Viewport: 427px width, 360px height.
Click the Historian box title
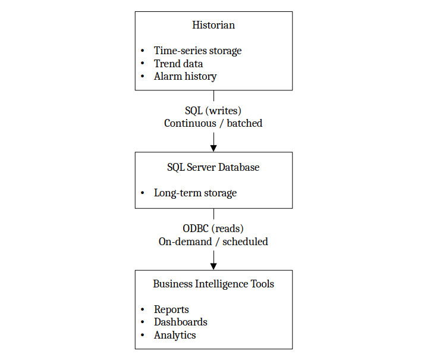point(213,25)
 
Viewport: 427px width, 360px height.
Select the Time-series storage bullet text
point(197,51)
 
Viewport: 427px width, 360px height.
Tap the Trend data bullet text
point(178,64)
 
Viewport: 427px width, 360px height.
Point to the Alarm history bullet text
point(185,76)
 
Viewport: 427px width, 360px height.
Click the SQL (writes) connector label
point(213,111)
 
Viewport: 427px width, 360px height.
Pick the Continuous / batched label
point(213,123)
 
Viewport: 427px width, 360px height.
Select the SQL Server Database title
point(213,167)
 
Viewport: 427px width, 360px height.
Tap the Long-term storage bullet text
point(195,193)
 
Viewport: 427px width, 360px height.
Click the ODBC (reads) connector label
point(213,229)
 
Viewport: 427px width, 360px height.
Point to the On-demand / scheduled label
point(213,242)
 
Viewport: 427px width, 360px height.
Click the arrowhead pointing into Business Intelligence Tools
point(213,265)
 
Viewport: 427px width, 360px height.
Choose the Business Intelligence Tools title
point(213,284)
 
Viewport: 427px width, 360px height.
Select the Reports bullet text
point(171,309)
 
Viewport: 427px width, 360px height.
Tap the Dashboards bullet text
point(180,322)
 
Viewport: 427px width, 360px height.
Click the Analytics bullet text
point(175,335)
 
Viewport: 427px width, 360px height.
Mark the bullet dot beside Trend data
point(143,64)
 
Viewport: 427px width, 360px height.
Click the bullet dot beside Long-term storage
point(143,193)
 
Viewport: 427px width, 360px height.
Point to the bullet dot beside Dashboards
point(143,323)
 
